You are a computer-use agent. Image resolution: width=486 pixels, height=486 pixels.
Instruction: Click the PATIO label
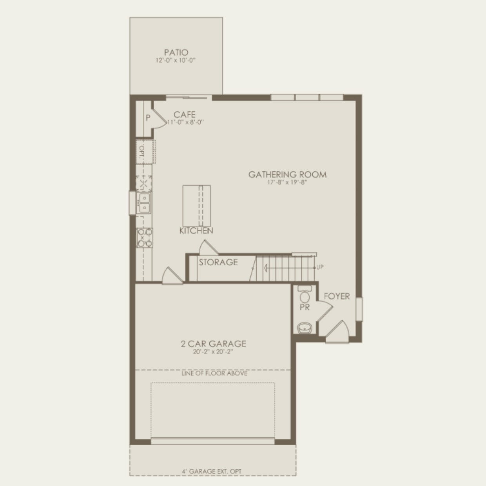[176, 52]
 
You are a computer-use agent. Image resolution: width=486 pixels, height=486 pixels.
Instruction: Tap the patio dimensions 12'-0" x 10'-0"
[176, 60]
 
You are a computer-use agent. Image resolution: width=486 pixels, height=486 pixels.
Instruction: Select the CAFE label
[184, 115]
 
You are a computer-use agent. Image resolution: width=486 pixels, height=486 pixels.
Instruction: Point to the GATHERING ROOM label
[287, 174]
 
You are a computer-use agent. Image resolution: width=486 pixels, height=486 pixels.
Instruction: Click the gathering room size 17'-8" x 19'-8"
[287, 182]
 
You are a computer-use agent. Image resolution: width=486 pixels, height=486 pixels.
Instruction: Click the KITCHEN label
[196, 230]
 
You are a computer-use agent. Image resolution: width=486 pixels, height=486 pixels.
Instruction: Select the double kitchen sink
[144, 203]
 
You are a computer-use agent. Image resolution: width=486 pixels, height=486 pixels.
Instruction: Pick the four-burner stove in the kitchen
[145, 238]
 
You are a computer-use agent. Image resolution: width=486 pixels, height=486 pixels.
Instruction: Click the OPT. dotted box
[145, 152]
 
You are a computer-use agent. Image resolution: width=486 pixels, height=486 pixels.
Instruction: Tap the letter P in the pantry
[148, 118]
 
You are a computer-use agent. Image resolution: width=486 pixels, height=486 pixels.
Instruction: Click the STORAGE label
[218, 262]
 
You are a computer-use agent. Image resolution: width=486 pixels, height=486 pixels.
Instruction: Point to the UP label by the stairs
[320, 267]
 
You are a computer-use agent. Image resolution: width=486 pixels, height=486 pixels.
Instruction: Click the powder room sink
[304, 327]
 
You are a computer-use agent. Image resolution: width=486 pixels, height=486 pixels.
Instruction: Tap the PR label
[305, 308]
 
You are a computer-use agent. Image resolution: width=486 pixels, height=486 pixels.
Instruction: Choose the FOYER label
[337, 296]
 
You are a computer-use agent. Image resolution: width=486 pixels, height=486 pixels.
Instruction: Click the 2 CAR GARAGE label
[213, 344]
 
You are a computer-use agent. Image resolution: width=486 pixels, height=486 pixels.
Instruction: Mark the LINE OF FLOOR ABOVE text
[214, 373]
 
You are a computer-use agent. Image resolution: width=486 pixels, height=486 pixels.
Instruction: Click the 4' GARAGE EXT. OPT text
[212, 471]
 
